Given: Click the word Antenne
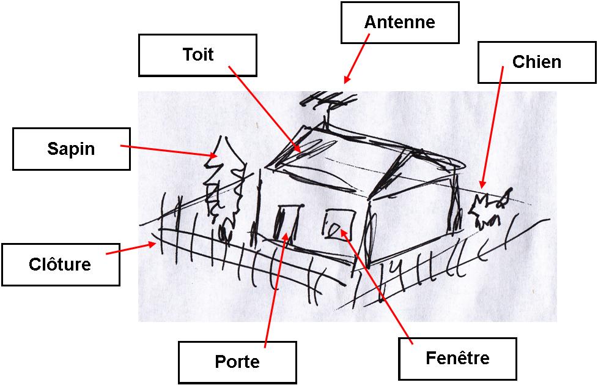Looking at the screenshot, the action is tap(399, 22).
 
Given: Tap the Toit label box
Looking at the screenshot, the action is tap(197, 55).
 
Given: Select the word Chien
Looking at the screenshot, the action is tap(537, 62).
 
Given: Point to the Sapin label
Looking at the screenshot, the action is tap(72, 149).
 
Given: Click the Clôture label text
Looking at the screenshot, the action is tap(60, 264).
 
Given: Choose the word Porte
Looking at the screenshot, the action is tap(237, 361).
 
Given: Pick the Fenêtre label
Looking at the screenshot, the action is tap(457, 358).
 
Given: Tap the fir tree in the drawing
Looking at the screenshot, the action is tap(224, 187).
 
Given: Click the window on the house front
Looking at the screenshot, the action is tap(340, 224).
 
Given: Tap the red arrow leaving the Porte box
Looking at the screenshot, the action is tap(276, 290).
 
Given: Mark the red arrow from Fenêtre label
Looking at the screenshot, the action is tap(377, 286).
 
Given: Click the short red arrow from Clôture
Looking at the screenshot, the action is tap(131, 249).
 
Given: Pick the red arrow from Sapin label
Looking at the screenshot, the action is tap(169, 151).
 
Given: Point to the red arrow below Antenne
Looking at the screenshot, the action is tap(356, 58).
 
